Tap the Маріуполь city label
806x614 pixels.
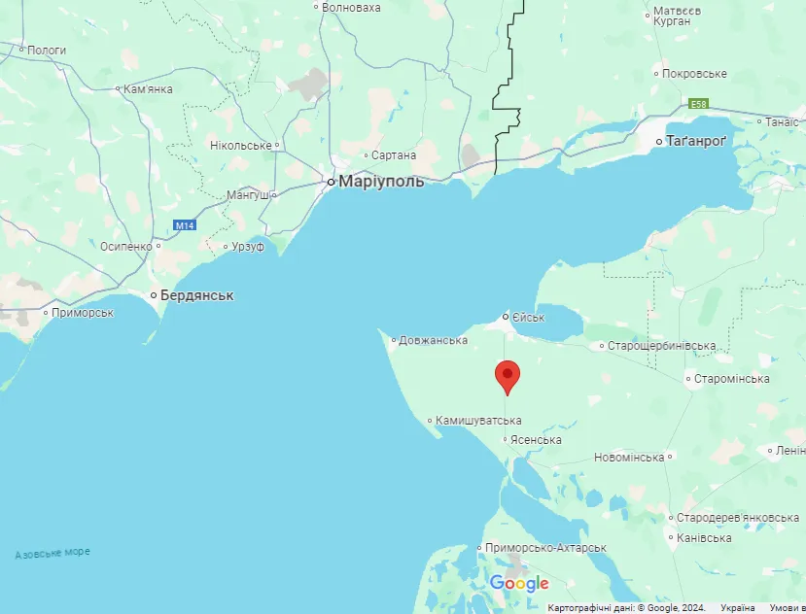coord(380,181)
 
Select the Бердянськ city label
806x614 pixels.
coord(197,294)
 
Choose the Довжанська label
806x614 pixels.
coord(434,340)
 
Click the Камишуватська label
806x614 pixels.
coord(478,420)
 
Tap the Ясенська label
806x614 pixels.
coord(537,440)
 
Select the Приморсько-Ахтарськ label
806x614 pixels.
coord(547,548)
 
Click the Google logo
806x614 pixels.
coord(519,583)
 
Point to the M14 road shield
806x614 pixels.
coord(185,225)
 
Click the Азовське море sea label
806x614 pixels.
coord(53,553)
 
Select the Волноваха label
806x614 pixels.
coord(351,7)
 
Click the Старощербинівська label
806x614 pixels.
coord(662,346)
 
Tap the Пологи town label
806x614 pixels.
coord(47,50)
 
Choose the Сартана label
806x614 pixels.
coord(394,154)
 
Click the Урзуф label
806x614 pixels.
coord(248,247)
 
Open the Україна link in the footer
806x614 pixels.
coord(738,608)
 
